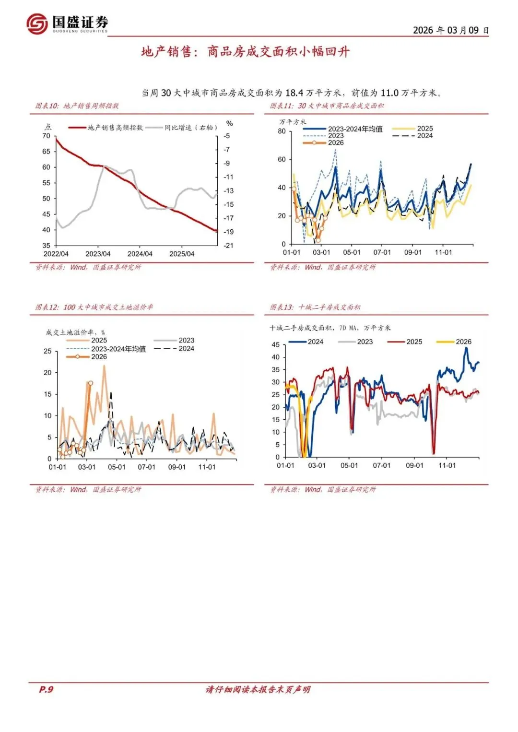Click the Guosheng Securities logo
coord(67,24)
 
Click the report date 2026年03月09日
coord(450,30)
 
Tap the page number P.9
coord(46,689)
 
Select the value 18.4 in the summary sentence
coord(294,93)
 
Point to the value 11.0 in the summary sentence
coord(389,93)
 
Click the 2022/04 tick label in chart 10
coord(56,254)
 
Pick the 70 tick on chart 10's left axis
coord(46,136)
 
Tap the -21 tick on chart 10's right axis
coord(228,245)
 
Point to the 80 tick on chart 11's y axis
coord(282,131)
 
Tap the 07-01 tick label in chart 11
coord(382,252)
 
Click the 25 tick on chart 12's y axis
coord(47,351)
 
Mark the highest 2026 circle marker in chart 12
coord(91,383)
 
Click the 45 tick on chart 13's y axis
coord(275,345)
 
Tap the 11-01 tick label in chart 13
coord(447,465)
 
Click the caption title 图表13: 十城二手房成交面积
coord(315,307)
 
